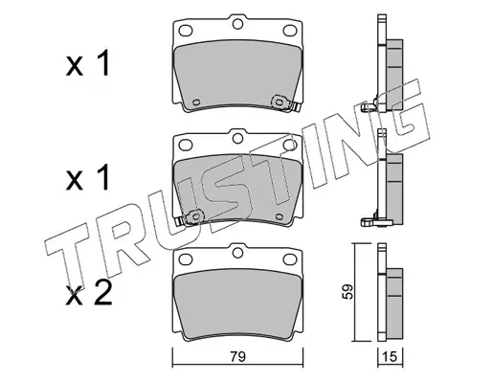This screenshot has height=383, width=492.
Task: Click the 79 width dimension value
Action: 238,356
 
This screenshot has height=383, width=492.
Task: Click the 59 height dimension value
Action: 347,291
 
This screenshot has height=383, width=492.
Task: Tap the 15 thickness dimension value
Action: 391,356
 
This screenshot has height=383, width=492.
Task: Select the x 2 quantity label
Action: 89,294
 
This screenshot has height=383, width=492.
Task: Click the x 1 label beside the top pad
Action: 88,64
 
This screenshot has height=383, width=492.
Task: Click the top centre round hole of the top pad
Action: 237,24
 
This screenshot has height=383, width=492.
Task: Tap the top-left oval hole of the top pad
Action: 186,31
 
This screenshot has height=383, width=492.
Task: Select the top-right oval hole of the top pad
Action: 290,31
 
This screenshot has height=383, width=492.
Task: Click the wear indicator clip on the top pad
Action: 285,103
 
